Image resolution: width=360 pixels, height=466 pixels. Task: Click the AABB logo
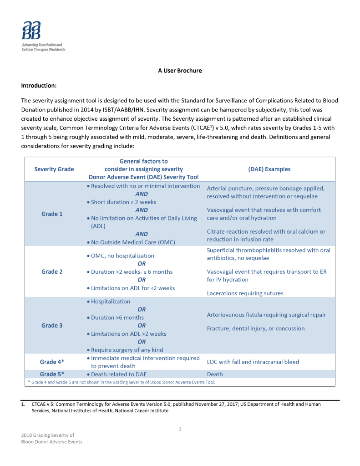[x=31, y=31]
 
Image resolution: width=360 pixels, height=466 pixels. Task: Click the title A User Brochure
[x=180, y=71]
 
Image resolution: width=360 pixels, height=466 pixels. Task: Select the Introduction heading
[x=39, y=86]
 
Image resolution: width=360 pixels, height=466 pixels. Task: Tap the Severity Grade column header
[x=54, y=169]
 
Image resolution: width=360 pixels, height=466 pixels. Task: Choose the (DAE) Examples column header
[x=269, y=169]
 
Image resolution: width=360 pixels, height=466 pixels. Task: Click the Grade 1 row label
[x=52, y=214]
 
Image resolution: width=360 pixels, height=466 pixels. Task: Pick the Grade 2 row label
[x=52, y=271]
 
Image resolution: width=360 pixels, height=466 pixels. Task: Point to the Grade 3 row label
[x=52, y=325]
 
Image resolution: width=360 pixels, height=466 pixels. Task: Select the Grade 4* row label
[x=52, y=362]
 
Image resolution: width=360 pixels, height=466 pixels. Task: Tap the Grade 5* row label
[x=52, y=374]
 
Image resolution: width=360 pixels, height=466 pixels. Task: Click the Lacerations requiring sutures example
[x=245, y=293]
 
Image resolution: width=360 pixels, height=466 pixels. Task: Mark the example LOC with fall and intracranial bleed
[x=253, y=362]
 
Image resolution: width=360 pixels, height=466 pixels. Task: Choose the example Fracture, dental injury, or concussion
[x=256, y=328]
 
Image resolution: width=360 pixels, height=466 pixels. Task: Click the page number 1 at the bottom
[x=180, y=429]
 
